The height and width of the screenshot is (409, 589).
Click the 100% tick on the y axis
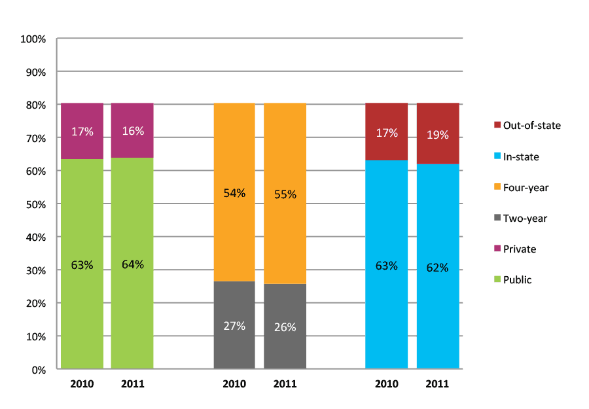33,39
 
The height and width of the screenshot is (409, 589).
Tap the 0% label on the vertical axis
39,370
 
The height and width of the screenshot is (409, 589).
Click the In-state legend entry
521,156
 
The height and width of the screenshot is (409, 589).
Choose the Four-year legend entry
525,187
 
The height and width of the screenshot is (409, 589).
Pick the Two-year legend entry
524,219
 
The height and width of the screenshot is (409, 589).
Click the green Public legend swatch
498,280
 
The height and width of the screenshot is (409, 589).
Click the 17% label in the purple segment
82,132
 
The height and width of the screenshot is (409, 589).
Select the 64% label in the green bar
132,265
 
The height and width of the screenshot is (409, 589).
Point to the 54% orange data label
234,193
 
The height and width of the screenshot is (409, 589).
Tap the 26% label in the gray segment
285,327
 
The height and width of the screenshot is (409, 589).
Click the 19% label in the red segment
438,135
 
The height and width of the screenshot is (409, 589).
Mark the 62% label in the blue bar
438,268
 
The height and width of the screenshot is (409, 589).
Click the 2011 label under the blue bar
438,384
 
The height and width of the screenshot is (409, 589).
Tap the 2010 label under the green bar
82,384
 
